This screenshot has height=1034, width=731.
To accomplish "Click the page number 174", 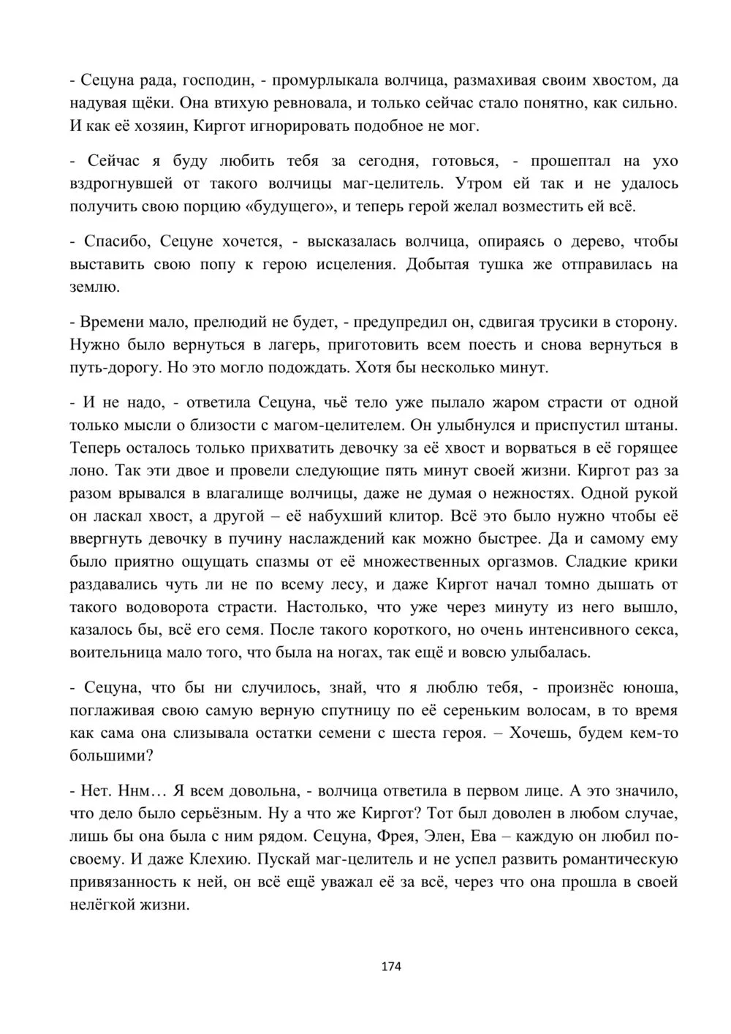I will pyautogui.click(x=391, y=966).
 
